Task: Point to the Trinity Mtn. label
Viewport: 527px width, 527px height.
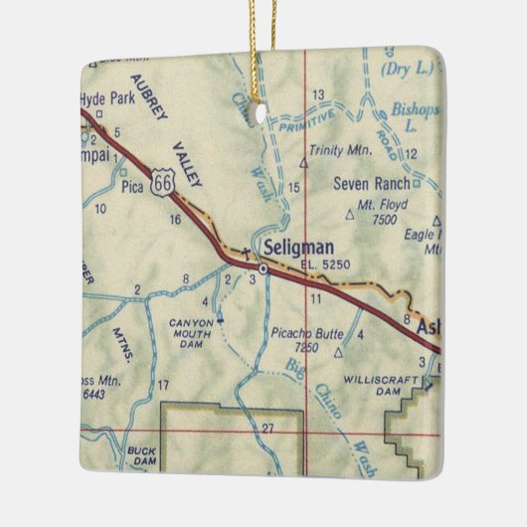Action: pos(339,150)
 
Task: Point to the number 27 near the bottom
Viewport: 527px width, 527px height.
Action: pos(267,428)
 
